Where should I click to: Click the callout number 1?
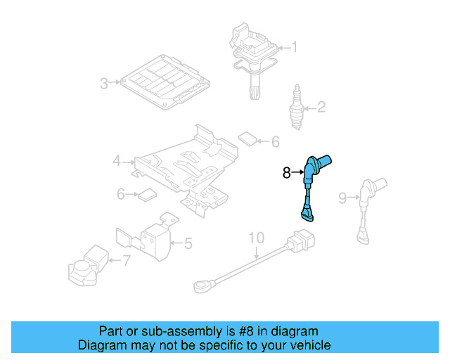pyautogui.click(x=295, y=48)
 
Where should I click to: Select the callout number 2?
pyautogui.click(x=321, y=108)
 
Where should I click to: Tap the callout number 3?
pyautogui.click(x=103, y=84)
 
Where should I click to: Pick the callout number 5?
pyautogui.click(x=188, y=244)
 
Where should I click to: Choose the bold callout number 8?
pyautogui.click(x=286, y=172)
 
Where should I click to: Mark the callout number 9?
pyautogui.click(x=342, y=198)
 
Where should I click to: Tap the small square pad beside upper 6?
pyautogui.click(x=247, y=138)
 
